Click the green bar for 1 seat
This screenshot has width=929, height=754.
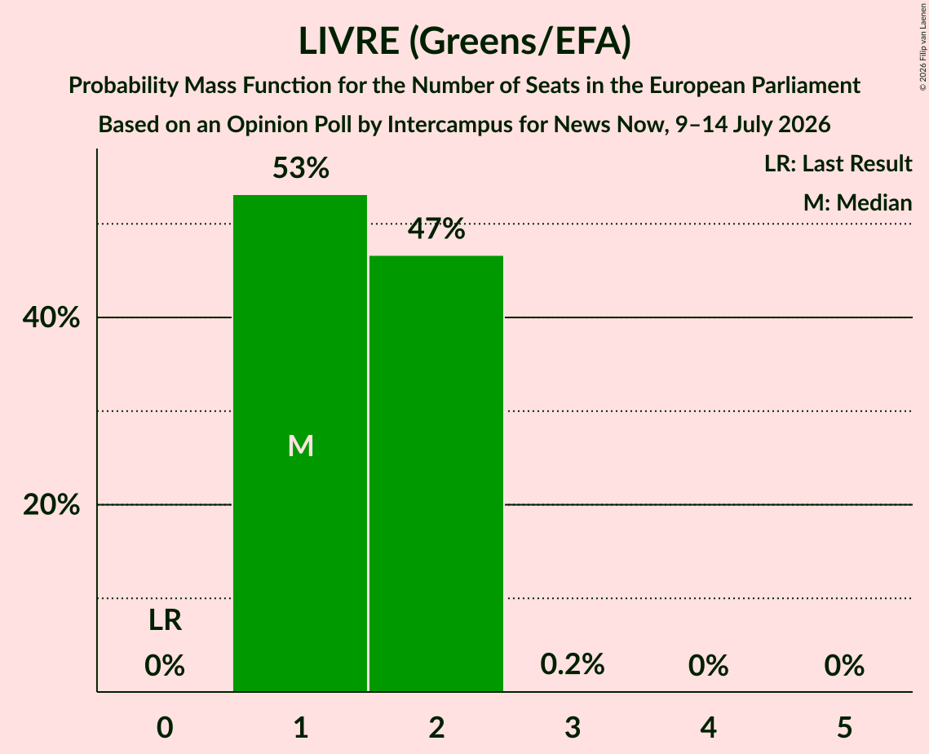point(300,443)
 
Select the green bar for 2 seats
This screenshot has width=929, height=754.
point(436,473)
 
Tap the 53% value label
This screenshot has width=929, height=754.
point(301,168)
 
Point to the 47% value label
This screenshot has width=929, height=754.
point(436,228)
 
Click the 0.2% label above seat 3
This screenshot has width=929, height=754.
point(573,664)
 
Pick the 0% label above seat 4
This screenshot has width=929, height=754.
point(709,666)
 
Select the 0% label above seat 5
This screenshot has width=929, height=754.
point(844,666)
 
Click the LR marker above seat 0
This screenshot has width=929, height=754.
point(165,620)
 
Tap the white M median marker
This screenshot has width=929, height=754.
point(300,446)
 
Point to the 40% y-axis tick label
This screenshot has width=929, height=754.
point(51,317)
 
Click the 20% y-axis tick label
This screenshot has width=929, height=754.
point(51,505)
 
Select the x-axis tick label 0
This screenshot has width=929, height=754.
point(165,728)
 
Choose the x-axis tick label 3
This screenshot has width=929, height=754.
point(573,728)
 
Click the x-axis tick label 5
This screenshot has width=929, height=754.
point(844,728)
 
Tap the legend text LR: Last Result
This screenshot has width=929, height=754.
point(838,163)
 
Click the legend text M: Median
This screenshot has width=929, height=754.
point(858,202)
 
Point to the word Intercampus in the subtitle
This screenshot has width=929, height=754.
point(450,125)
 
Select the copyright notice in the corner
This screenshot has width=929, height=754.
point(922,47)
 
